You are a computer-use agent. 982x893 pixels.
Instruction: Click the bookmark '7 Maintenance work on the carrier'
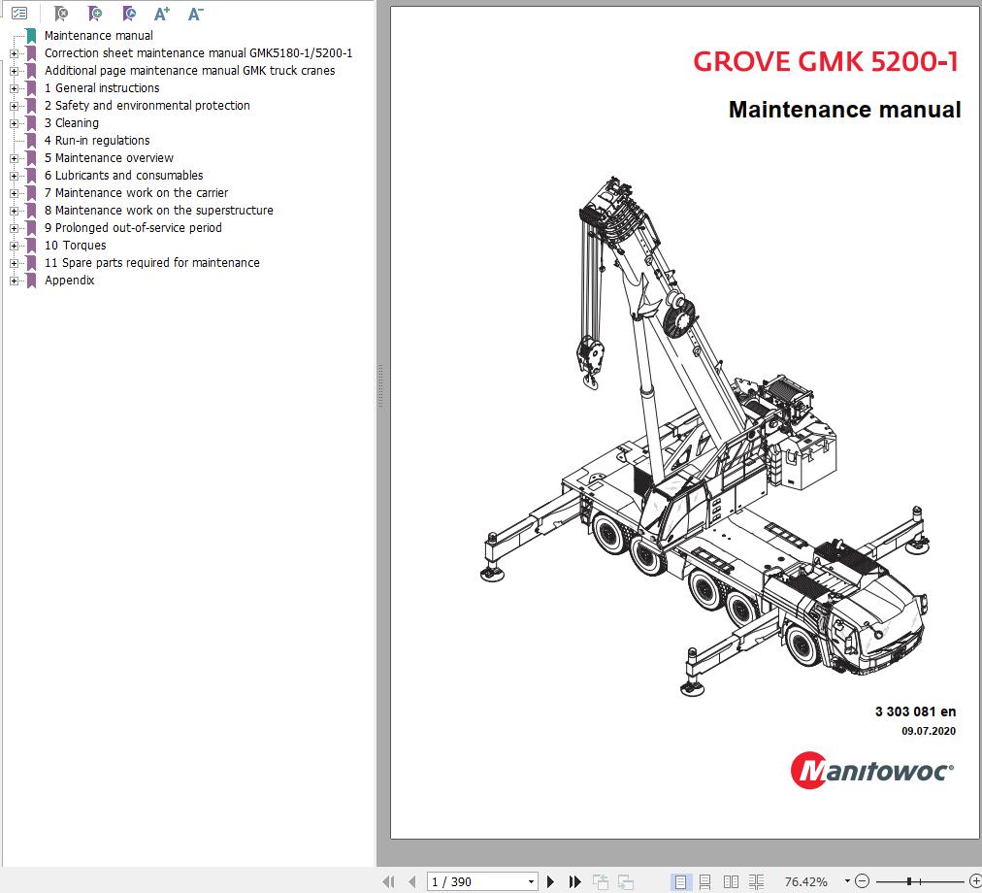coord(136,193)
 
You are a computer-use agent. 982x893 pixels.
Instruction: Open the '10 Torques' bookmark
coord(75,246)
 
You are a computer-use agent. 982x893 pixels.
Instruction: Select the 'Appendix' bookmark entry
coord(69,281)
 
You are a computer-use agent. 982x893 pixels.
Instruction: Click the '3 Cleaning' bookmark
coord(71,123)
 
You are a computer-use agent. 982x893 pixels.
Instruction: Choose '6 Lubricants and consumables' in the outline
coord(123,176)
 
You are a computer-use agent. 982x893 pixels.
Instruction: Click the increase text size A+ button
coord(162,14)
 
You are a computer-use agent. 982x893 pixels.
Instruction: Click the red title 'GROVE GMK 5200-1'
coord(826,62)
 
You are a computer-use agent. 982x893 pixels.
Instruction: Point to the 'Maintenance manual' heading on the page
coord(844,110)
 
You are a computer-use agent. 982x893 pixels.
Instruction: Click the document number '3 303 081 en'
coord(915,711)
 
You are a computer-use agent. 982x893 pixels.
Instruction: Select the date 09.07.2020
coord(929,731)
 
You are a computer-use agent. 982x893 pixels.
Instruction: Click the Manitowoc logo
coord(871,770)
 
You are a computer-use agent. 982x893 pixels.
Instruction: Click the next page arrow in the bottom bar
coord(550,881)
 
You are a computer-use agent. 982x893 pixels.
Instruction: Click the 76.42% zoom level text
coord(805,881)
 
